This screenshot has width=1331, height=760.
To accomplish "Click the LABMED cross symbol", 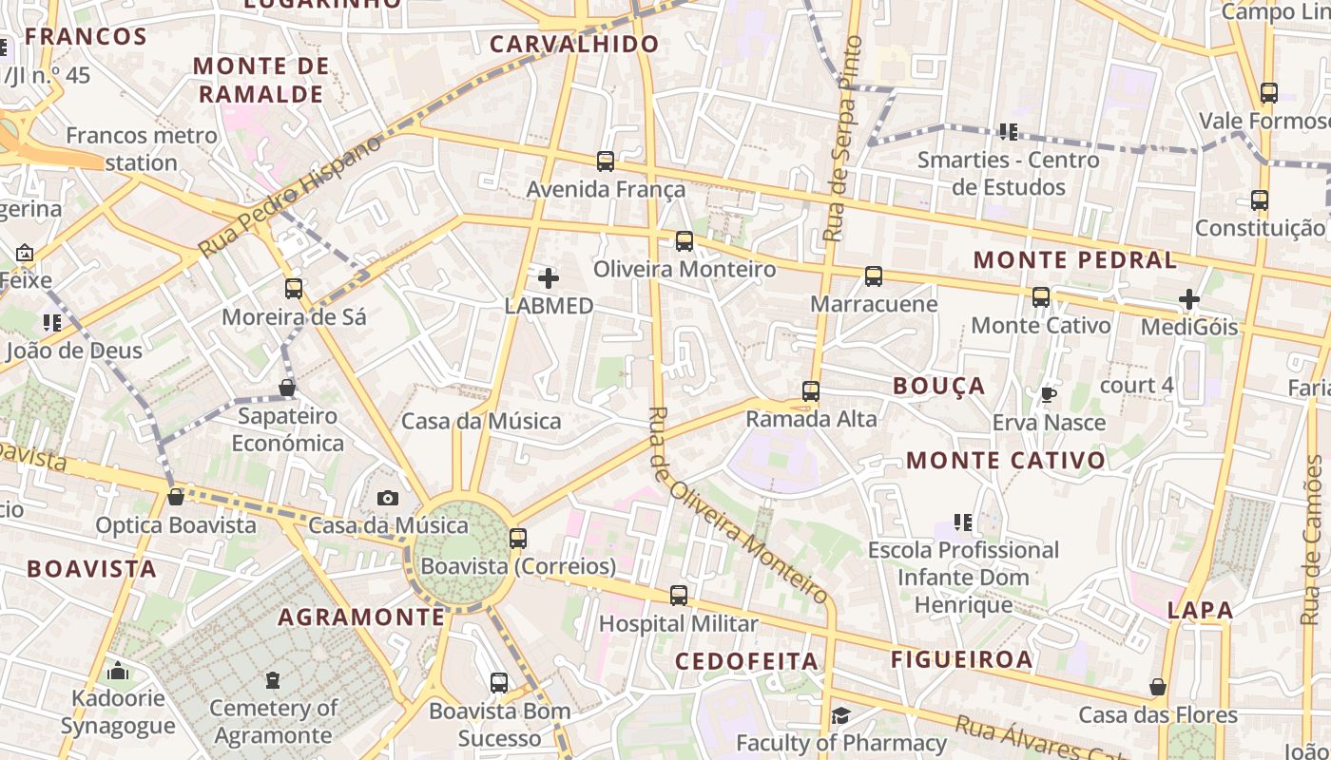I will [549, 278].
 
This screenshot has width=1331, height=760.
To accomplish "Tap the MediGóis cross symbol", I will [1188, 300].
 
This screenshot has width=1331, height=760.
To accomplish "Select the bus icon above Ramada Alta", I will [811, 390].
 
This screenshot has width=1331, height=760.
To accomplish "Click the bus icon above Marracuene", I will [873, 276].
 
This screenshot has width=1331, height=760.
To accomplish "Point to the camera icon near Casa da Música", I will [387, 498].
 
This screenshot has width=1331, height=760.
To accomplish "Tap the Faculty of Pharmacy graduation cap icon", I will [840, 715].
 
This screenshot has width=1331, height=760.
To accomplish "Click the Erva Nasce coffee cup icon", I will [1048, 394].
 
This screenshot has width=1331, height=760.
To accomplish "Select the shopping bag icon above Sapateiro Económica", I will [286, 388].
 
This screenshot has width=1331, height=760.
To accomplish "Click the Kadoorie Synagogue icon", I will [118, 672].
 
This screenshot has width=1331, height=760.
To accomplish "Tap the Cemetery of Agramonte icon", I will [273, 680].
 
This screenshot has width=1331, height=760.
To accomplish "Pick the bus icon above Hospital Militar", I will [678, 596].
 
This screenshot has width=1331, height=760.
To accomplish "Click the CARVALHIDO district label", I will [574, 44].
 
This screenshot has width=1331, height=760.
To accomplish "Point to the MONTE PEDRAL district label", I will [1074, 259].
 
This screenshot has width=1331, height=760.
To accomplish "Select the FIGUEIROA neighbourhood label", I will [961, 659].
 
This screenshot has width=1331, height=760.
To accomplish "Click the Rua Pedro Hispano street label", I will [290, 196].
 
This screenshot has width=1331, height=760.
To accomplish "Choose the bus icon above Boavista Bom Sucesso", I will [499, 682].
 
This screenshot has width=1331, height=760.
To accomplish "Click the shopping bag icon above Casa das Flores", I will [1157, 687].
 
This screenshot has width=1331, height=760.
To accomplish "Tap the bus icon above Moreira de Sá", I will [294, 288].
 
